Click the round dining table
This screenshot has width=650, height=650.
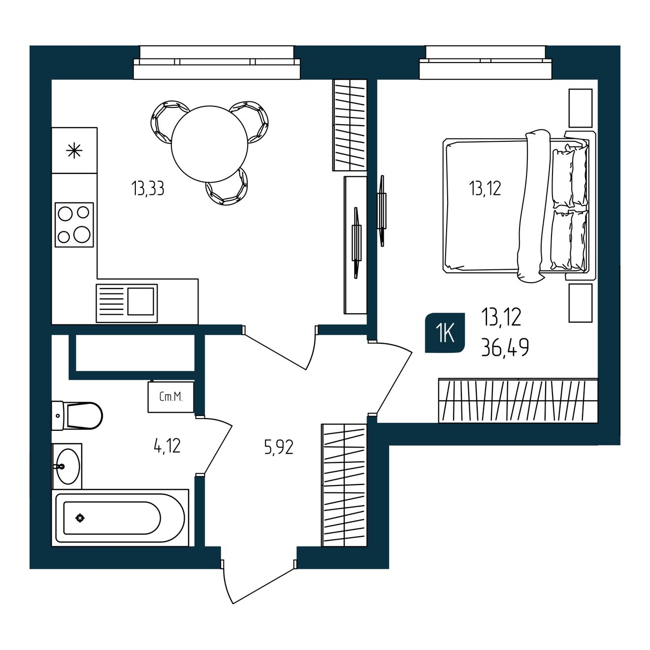coord(209,144)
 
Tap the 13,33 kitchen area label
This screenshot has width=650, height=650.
coord(148,189)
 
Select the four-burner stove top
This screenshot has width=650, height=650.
coord(74,225)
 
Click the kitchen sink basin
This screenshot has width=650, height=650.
coord(141,301)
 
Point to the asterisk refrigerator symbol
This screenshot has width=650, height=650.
coord(74,150)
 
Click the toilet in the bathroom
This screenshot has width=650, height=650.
coord(77,416)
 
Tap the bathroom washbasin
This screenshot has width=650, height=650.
coord(67,466)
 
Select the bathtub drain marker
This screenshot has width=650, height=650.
coord(80,518)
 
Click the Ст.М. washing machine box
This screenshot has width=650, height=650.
coord(171,397)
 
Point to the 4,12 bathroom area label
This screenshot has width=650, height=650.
coord(167,446)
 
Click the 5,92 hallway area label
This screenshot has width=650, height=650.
coord(279,448)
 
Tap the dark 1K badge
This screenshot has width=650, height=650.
coord(445,333)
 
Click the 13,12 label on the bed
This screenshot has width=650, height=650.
coord(485,188)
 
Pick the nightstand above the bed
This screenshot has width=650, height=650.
coord(581,108)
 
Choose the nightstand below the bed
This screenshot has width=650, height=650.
coord(581,303)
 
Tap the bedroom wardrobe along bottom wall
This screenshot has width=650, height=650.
coord(518,400)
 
